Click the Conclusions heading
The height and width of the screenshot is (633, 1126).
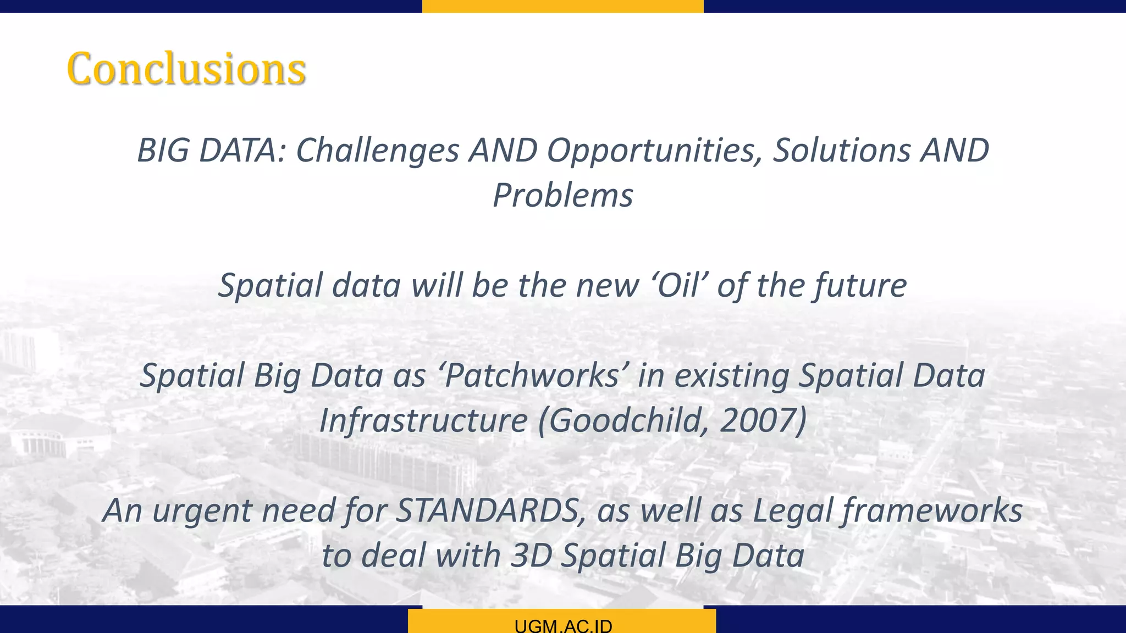point(186,69)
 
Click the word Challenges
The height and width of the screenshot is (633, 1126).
point(377,151)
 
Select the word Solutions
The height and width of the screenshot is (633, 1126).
point(842,151)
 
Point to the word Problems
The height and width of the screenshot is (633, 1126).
point(562,196)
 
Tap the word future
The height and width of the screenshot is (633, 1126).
point(860,286)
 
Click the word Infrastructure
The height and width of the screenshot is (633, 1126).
point(423,421)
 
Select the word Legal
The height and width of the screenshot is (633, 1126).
point(792,510)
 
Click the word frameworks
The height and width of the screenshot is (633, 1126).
point(932,510)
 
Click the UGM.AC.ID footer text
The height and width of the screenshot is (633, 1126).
point(563,626)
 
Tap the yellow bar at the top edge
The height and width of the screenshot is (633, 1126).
point(562,6)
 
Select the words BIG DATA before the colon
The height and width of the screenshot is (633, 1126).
point(210,151)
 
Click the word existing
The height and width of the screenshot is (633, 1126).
point(732,376)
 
